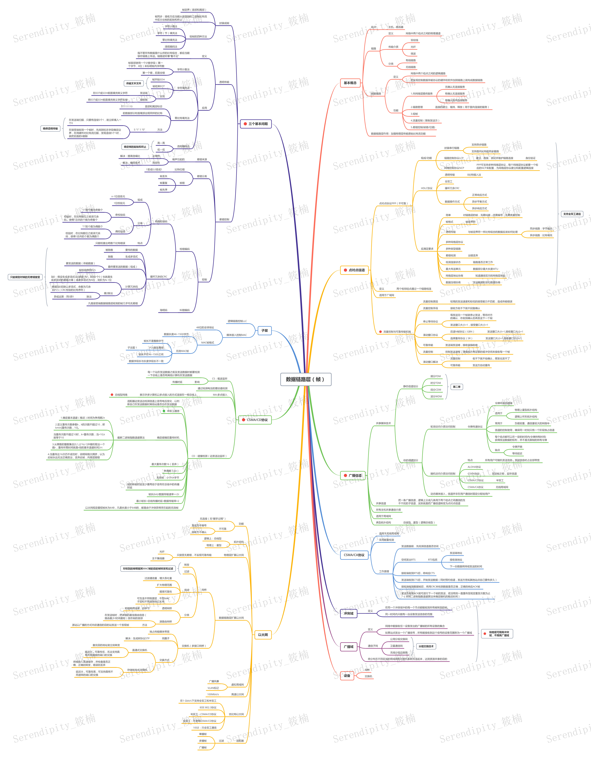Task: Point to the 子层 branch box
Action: [264, 330]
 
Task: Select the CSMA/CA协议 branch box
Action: [354, 555]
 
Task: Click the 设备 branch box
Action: [347, 676]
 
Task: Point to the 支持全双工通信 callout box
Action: [572, 214]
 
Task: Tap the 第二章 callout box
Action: [456, 387]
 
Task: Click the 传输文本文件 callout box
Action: [133, 83]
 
